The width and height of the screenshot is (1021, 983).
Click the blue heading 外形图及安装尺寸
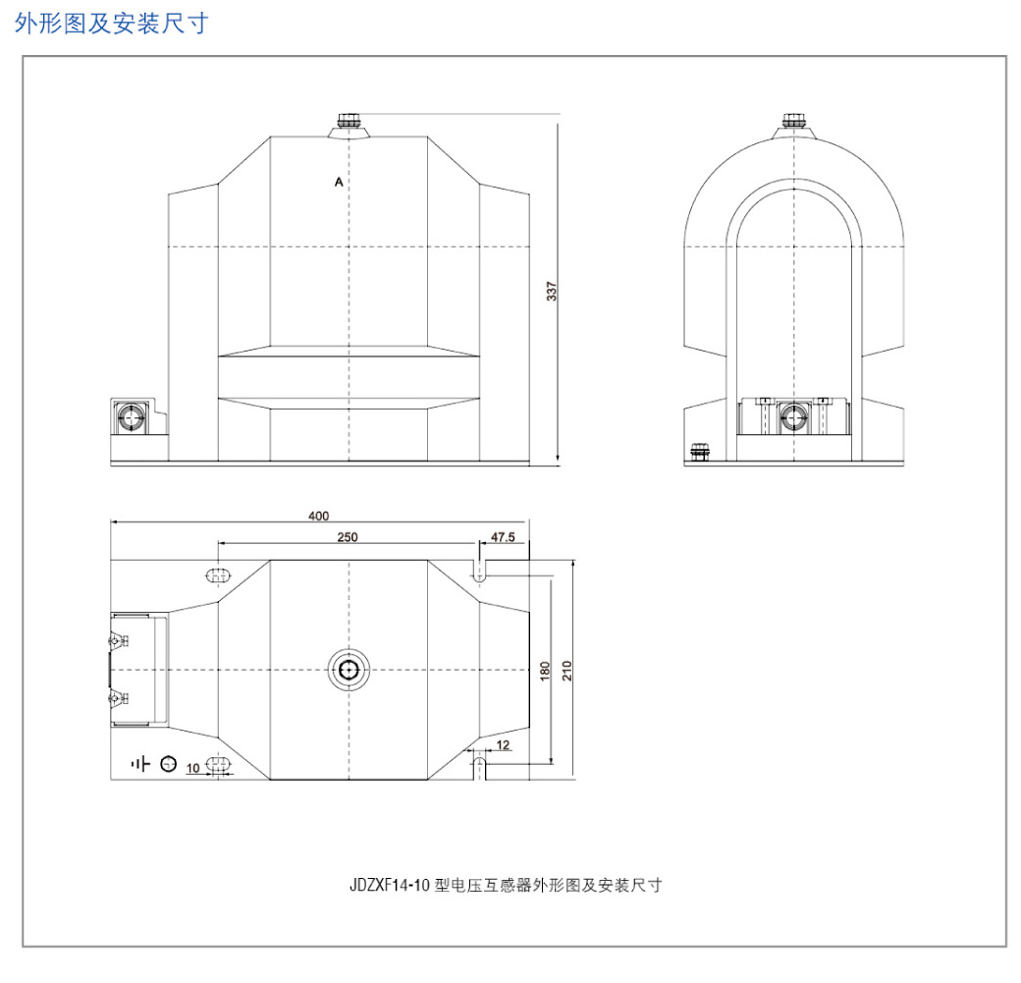pos(111,24)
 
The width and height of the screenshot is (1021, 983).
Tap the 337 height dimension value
pos(552,292)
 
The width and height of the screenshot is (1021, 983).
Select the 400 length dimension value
pos(318,516)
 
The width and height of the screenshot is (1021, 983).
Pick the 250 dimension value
pos(348,537)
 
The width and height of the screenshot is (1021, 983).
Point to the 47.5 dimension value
pos(503,537)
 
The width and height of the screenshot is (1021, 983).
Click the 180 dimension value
pos(545,671)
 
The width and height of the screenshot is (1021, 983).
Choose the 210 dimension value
pos(566,671)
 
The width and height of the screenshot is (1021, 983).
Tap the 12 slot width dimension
pos(503,745)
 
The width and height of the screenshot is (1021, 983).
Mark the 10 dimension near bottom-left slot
pos(192,768)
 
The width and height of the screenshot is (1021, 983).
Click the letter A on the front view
pos(339,182)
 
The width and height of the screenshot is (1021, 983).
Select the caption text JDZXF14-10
pos(390,885)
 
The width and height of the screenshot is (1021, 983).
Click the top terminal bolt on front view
pos(349,121)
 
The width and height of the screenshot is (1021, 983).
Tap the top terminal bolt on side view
pos(794,121)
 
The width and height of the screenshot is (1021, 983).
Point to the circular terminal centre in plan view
pos(349,670)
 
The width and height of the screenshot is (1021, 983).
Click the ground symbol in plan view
pos(140,763)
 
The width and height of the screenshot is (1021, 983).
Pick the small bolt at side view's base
pos(699,452)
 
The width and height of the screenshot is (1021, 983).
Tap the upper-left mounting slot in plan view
pos(218,575)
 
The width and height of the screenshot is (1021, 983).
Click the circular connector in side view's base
pos(794,417)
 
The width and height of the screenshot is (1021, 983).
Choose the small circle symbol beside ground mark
pos(169,763)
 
